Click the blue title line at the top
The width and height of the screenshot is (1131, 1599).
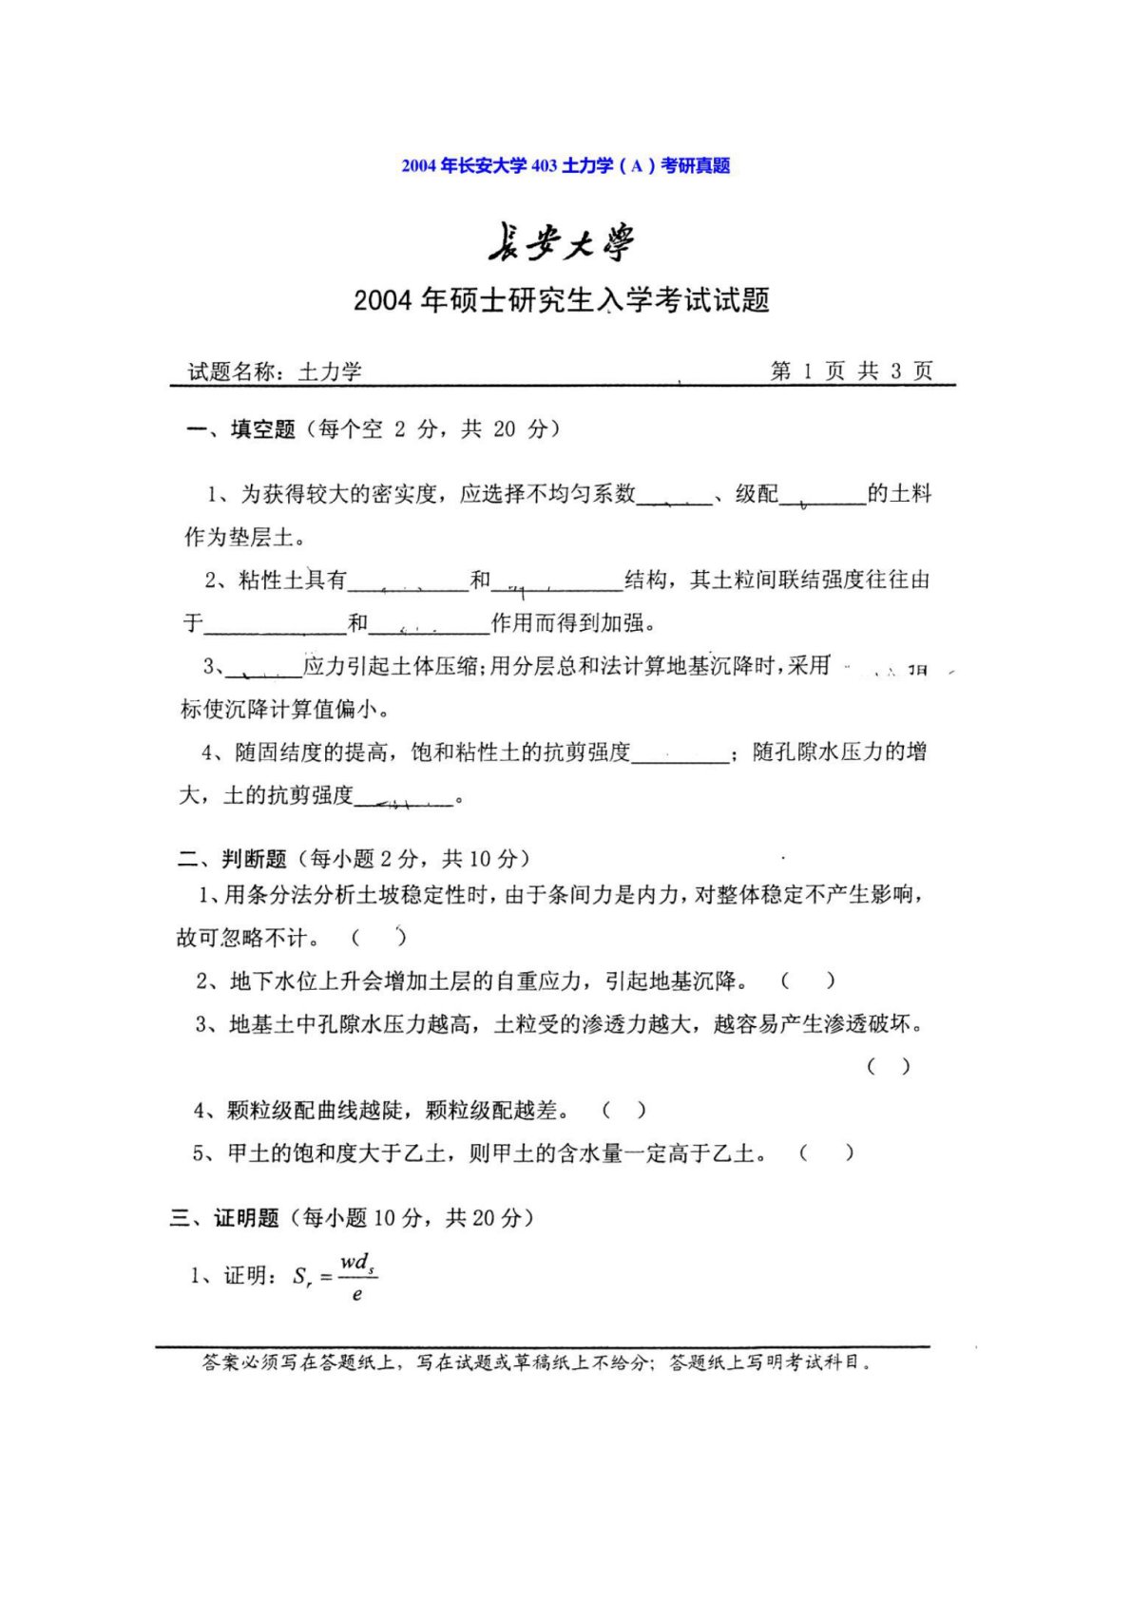coord(565,165)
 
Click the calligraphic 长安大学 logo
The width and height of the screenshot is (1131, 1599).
coord(562,242)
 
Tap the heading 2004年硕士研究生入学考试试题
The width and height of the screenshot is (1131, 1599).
coord(561,300)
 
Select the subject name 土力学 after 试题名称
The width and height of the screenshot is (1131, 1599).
coord(330,371)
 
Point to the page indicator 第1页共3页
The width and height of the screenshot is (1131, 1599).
coord(851,371)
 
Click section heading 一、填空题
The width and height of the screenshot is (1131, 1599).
coord(240,429)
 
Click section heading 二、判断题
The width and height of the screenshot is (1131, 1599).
coord(232,859)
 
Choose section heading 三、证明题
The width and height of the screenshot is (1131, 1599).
coord(224,1218)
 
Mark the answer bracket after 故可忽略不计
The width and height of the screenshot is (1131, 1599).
coord(379,938)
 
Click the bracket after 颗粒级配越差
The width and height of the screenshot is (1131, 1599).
coord(624,1110)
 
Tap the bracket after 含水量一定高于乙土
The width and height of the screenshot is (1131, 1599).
coord(826,1153)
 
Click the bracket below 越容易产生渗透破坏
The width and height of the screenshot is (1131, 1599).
coord(889,1066)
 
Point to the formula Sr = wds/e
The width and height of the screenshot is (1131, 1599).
coord(335,1277)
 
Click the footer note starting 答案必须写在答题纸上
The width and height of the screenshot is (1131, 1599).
coord(537,1362)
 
